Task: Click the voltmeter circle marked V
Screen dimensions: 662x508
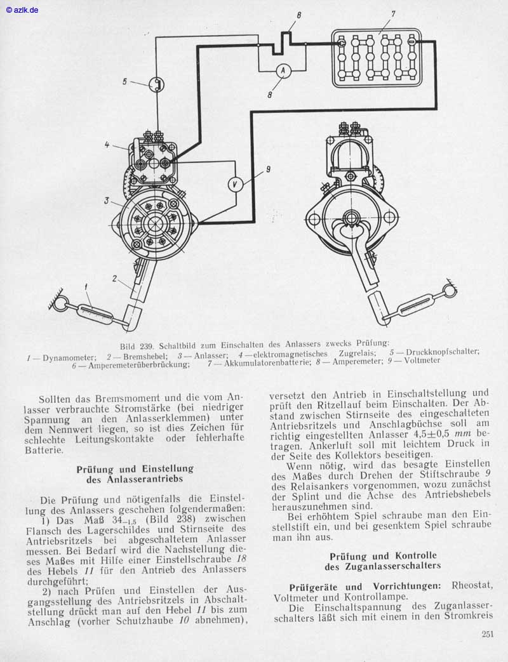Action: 235,183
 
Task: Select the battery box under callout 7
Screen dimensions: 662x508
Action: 377,57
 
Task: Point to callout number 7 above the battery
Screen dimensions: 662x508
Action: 393,13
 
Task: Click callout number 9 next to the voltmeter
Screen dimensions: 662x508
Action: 268,169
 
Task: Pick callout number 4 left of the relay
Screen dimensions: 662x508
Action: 108,145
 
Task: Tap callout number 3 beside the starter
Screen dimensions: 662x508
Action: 107,201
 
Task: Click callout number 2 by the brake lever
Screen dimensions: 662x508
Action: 115,279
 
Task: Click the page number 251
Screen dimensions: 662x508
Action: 488,633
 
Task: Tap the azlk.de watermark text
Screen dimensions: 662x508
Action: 22,10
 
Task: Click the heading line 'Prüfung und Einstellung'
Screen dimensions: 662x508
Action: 135,468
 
